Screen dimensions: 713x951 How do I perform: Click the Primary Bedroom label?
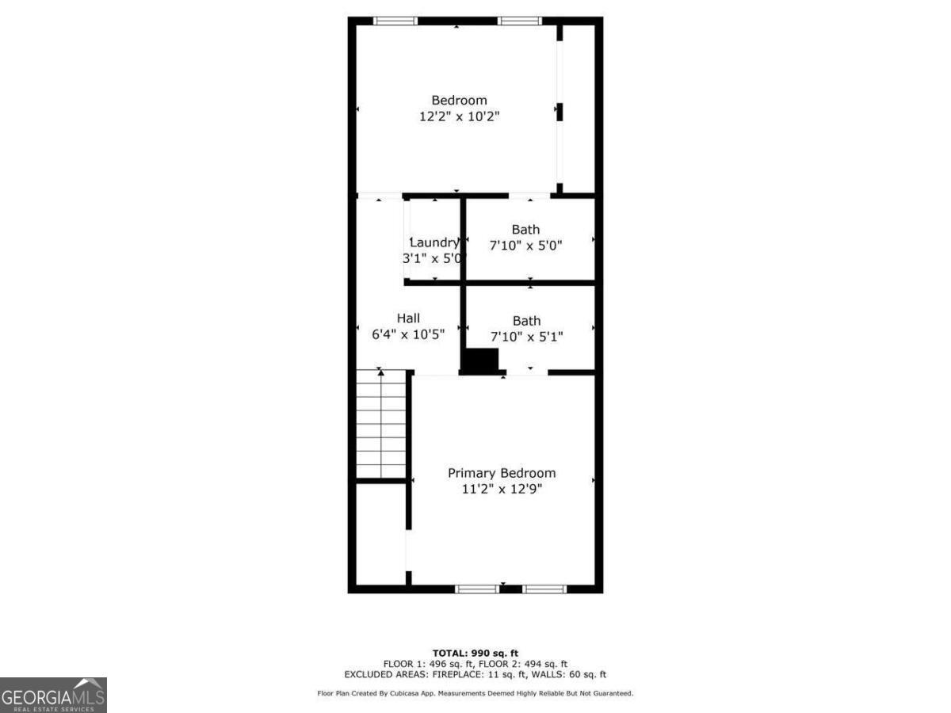coord(502,473)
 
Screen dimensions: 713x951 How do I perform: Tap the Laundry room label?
coord(433,242)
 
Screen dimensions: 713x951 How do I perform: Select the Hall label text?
coord(408,318)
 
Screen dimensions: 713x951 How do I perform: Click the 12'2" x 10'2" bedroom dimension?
coord(459,116)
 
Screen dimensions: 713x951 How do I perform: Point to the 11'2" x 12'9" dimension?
coord(502,489)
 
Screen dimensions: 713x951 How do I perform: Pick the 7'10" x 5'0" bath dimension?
coord(525,246)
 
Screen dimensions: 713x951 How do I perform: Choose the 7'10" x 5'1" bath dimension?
coord(526,337)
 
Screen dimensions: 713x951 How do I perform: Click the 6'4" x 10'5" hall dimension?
coord(408,334)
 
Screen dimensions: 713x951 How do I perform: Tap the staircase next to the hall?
coord(381,424)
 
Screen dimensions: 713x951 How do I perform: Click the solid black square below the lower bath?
coord(480,360)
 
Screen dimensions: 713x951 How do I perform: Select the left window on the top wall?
coord(395,21)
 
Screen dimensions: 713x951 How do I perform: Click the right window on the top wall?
coord(519,21)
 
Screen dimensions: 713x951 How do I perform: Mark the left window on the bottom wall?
coord(477,589)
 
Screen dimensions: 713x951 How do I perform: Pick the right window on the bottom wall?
coord(544,589)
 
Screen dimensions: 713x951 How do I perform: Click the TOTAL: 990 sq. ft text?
coord(475,653)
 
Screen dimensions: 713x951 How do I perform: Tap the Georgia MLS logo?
coord(53,695)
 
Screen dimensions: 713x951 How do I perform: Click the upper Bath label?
coord(525,230)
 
